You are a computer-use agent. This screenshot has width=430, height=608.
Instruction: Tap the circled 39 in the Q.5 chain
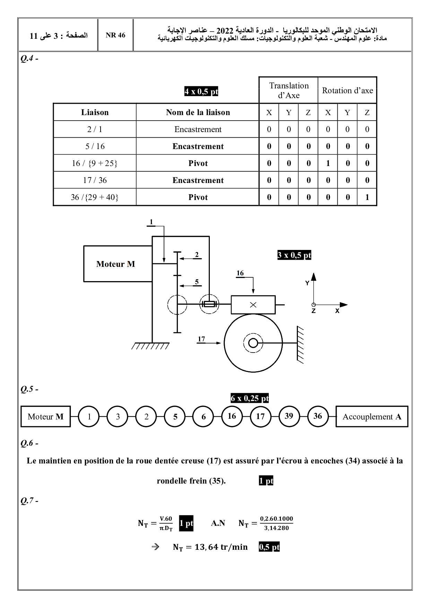[x=289, y=416]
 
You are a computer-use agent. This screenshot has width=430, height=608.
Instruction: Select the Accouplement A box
[x=372, y=417]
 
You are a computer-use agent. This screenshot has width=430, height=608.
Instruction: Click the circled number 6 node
[x=204, y=417]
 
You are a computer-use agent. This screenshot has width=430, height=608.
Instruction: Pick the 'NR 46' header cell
[x=115, y=35]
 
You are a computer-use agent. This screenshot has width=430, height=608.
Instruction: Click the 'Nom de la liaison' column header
[x=198, y=112]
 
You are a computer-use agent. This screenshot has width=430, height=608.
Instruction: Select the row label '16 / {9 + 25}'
[x=95, y=163]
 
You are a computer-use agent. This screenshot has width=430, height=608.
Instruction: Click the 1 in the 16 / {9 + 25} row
[x=328, y=163]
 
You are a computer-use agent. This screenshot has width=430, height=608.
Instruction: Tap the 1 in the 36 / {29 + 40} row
[x=367, y=197]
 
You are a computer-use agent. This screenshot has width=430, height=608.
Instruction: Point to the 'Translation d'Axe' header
[x=289, y=90]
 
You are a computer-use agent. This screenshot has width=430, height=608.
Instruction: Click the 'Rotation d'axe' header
[x=347, y=90]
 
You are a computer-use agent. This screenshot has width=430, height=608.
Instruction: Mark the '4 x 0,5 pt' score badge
[x=201, y=92]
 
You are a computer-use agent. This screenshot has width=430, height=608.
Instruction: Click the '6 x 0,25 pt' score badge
[x=250, y=398]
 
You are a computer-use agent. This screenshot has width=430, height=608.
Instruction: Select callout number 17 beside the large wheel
[x=201, y=339]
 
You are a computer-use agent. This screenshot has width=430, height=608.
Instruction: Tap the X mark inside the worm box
[x=253, y=305]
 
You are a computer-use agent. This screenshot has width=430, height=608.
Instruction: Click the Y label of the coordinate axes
[x=307, y=283]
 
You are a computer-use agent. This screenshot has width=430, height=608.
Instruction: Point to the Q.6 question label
[x=29, y=443]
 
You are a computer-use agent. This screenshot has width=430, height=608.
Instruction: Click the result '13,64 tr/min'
[x=210, y=547]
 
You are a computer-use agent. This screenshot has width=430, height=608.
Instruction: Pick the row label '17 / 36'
[x=95, y=180]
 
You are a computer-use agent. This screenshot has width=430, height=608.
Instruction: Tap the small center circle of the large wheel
[x=253, y=343]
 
